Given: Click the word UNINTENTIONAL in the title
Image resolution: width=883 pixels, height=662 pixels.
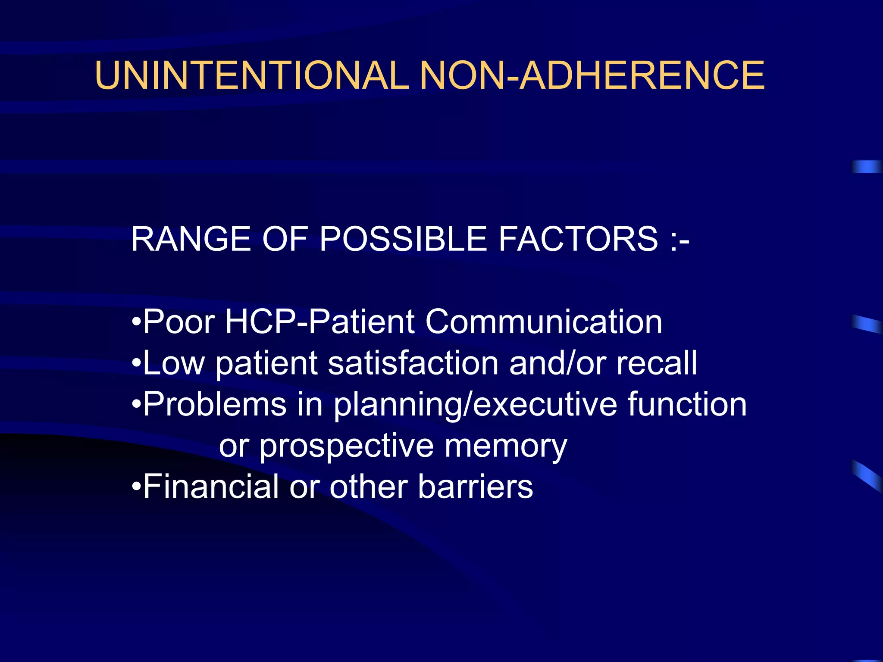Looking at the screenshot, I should click(252, 75).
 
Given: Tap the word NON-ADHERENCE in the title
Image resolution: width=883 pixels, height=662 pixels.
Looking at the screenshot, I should click(592, 75).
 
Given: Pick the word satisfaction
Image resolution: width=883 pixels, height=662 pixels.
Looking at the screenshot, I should click(413, 363).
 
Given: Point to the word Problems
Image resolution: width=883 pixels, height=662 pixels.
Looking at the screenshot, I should click(215, 404).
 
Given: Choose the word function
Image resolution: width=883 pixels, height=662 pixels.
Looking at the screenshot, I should click(687, 404).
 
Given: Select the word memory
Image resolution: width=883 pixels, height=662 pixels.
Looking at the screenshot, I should click(506, 447).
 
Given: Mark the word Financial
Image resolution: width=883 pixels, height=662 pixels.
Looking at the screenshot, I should click(211, 487).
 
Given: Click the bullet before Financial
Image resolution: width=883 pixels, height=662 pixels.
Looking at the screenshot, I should click(136, 487).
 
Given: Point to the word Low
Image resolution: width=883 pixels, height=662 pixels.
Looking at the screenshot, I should click(174, 363).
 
